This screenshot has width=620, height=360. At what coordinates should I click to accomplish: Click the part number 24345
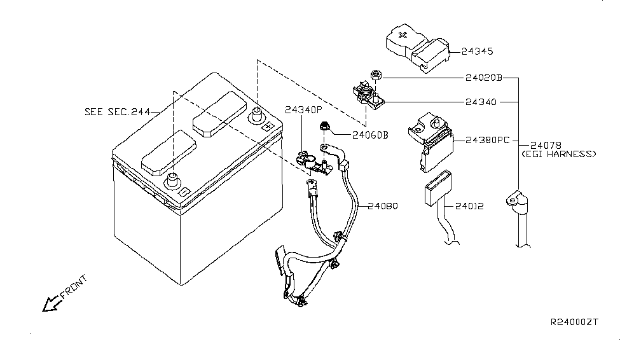point(478,52)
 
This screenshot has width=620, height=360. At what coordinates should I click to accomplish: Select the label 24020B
point(483,78)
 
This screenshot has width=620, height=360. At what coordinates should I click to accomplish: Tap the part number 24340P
point(304,110)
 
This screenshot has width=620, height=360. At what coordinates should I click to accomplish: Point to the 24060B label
point(370,135)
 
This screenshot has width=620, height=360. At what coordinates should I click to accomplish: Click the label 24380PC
point(488,141)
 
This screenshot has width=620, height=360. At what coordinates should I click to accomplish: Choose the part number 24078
point(546,146)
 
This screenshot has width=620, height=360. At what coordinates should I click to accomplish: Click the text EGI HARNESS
point(559,154)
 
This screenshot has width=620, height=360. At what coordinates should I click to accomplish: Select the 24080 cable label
point(383,206)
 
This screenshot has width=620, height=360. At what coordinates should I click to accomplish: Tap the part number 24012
point(469,206)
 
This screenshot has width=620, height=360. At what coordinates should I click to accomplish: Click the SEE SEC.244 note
point(118,112)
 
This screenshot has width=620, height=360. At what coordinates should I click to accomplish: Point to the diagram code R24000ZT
point(574,322)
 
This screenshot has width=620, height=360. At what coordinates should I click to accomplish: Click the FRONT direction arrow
point(52,304)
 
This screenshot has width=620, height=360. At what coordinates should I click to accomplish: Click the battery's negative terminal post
point(172,181)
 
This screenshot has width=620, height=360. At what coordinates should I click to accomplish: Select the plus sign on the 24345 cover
point(403,35)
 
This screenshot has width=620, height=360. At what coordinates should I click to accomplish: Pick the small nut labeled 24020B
point(375,74)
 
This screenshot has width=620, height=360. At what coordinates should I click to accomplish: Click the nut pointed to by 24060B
point(325,126)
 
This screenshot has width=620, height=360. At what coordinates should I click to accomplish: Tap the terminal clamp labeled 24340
point(368,96)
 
